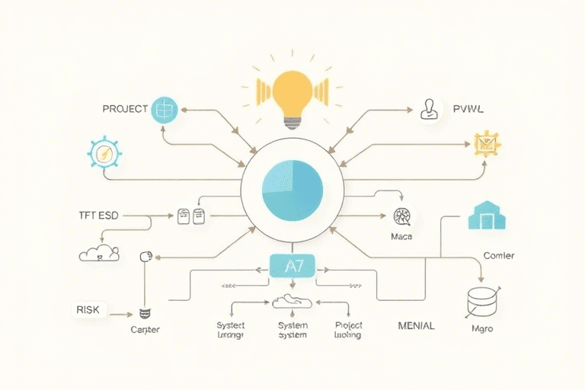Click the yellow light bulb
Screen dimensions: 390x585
tap(292, 90)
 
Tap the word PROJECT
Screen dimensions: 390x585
tap(124, 109)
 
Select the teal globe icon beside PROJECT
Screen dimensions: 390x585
tap(165, 109)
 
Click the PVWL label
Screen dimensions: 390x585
tap(468, 110)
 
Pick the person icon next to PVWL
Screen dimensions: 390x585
tap(430, 109)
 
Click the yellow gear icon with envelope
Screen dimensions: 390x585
tap(485, 143)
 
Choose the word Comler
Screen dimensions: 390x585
tap(498, 256)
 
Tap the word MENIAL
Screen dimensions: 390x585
tap(416, 325)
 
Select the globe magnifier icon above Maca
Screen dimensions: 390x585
tap(402, 216)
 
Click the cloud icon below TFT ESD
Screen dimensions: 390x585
tap(99, 254)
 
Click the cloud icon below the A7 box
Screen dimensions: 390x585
tap(292, 302)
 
